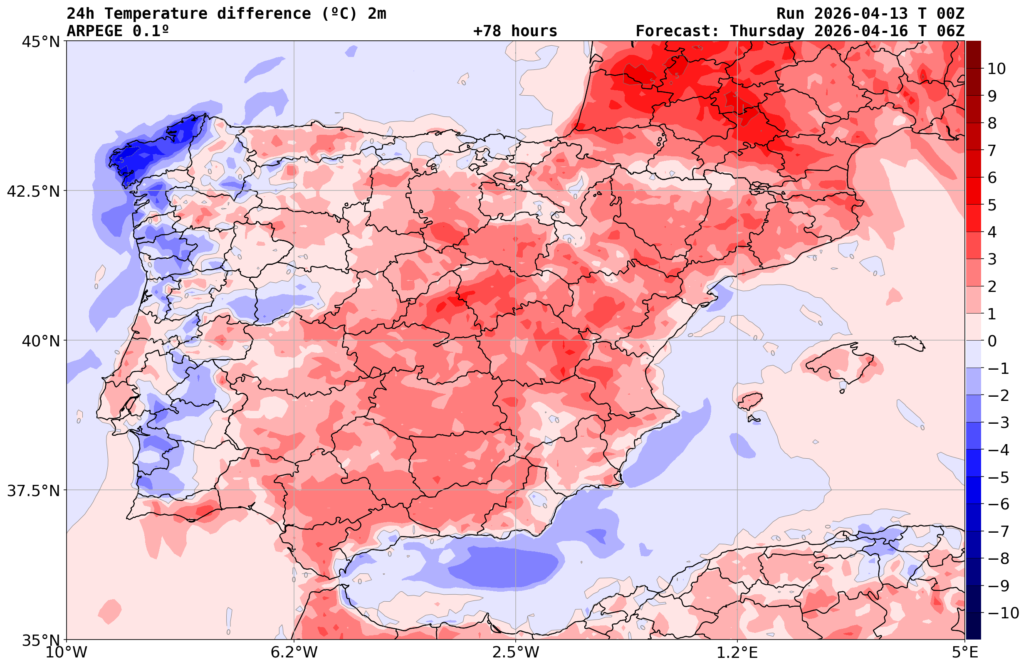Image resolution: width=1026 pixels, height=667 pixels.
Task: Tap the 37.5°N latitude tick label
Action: pos(33,491)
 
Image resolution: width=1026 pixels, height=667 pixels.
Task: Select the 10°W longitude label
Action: pos(67,652)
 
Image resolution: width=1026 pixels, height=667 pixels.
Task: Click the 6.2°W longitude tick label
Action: pos(294,652)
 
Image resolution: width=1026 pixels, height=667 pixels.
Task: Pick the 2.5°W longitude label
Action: pos(516,652)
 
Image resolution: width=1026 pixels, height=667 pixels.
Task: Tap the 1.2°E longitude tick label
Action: pos(737,652)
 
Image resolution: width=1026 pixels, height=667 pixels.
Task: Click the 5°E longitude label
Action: pos(965,652)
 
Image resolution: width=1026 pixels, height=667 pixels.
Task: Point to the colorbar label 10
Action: pos(996,69)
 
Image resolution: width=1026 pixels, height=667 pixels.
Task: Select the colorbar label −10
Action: pos(1003,613)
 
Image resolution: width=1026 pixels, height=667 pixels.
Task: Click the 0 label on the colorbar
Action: pos(992,341)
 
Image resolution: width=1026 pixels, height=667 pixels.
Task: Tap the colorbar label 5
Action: pos(992,205)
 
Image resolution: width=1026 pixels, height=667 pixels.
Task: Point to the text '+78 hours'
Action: pos(515,31)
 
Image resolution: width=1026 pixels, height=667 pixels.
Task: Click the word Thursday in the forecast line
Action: pos(767,31)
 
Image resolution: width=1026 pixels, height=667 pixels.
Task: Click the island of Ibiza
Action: pos(750,401)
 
